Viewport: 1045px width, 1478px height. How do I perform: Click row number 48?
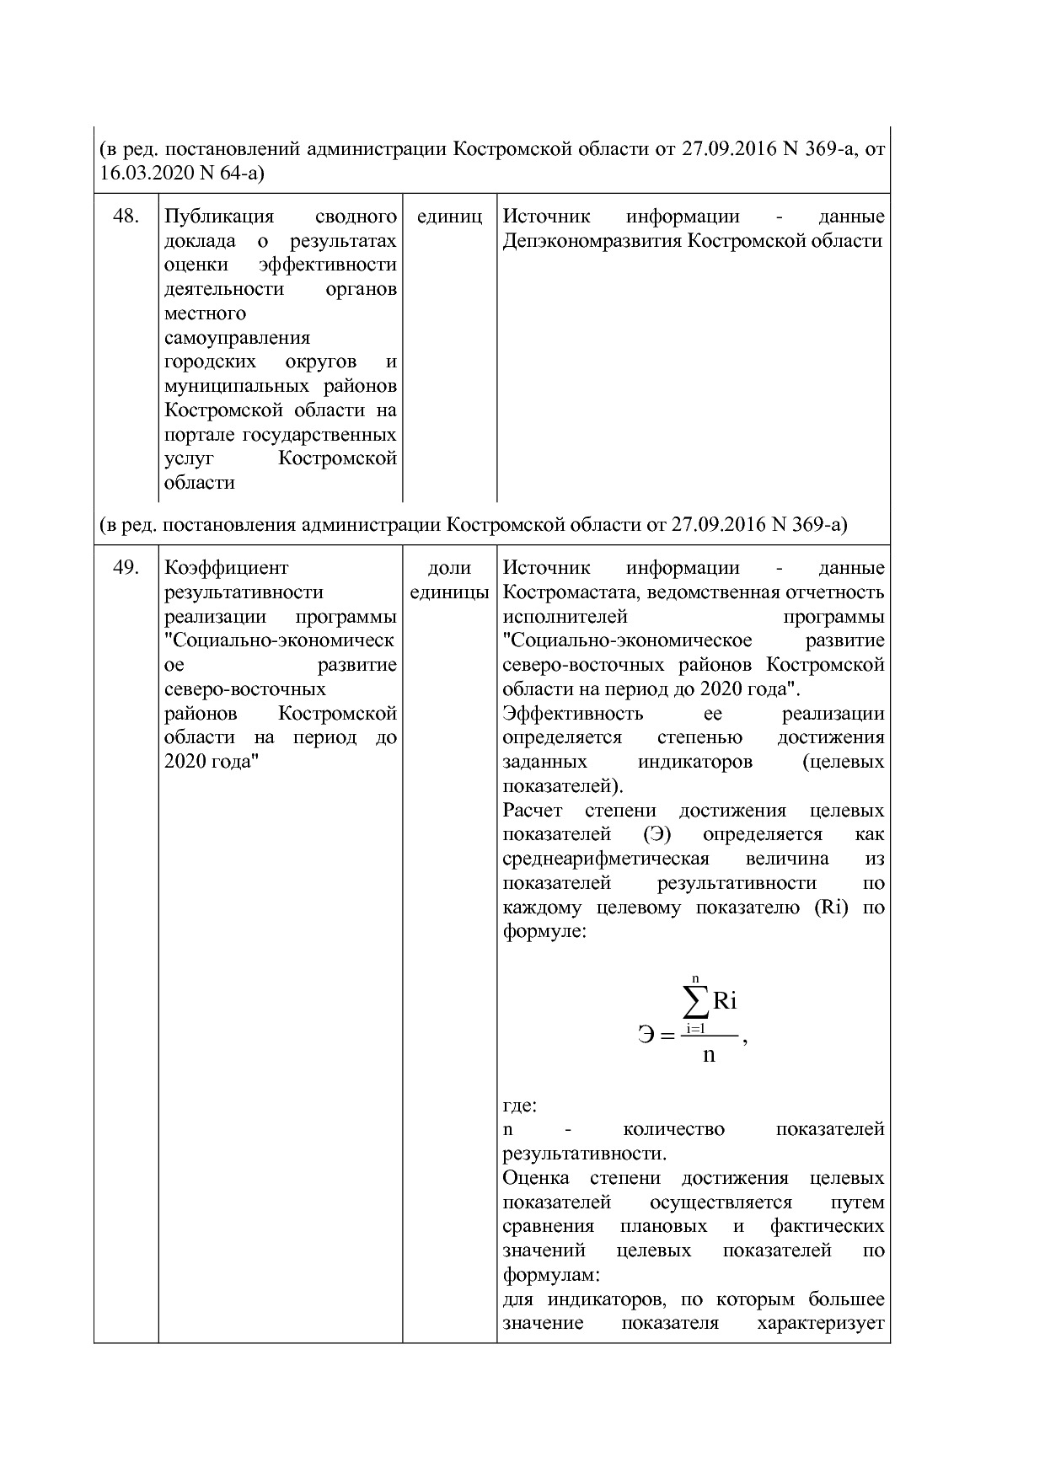click(125, 217)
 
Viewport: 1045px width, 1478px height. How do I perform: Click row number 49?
click(125, 568)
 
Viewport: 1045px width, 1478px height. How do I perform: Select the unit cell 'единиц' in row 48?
click(449, 217)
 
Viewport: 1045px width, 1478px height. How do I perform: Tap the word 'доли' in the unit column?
click(449, 568)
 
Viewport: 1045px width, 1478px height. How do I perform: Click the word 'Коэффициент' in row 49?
click(226, 568)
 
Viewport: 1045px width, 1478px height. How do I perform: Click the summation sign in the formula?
click(694, 1003)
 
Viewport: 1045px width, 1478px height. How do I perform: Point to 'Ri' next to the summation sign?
click(725, 1001)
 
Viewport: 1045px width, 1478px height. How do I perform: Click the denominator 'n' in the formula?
click(708, 1054)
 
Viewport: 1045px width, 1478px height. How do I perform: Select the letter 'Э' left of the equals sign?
click(646, 1035)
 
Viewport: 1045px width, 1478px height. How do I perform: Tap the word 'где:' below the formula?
click(520, 1105)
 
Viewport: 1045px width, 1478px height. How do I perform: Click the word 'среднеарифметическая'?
click(605, 859)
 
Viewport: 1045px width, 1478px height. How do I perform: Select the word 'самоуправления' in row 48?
click(237, 338)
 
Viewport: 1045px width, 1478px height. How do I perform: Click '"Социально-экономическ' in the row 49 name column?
click(279, 640)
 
